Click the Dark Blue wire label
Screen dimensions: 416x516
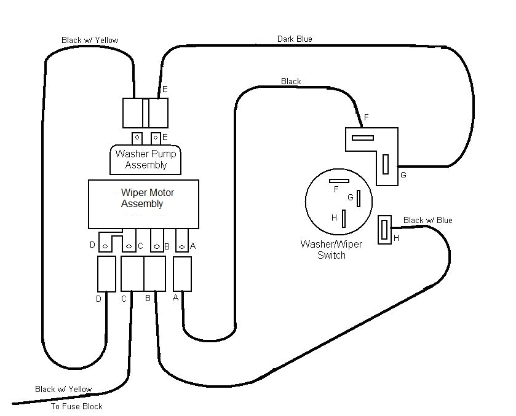pyautogui.click(x=294, y=39)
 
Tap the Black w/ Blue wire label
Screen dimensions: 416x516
pyautogui.click(x=427, y=221)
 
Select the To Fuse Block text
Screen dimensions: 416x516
pyautogui.click(x=76, y=406)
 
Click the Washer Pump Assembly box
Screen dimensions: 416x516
pyautogui.click(x=146, y=160)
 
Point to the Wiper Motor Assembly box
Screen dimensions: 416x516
pyautogui.click(x=143, y=204)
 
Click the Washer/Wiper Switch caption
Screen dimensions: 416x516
pyautogui.click(x=331, y=249)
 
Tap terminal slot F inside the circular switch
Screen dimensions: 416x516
pyautogui.click(x=339, y=181)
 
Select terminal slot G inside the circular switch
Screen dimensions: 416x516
pyautogui.click(x=357, y=199)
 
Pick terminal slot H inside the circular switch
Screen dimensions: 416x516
pyautogui.click(x=344, y=218)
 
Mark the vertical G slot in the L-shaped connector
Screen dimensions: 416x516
pyautogui.click(x=386, y=164)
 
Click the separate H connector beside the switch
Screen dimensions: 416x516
pyautogui.click(x=384, y=230)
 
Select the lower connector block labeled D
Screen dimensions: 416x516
pyautogui.click(x=106, y=274)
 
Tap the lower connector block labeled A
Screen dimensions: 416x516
pyautogui.click(x=183, y=274)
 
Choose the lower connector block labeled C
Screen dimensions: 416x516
pyautogui.click(x=132, y=274)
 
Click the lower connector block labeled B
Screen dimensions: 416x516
pyautogui.click(x=154, y=274)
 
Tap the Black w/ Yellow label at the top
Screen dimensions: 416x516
pyautogui.click(x=90, y=41)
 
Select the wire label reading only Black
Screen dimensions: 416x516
pyautogui.click(x=291, y=81)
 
